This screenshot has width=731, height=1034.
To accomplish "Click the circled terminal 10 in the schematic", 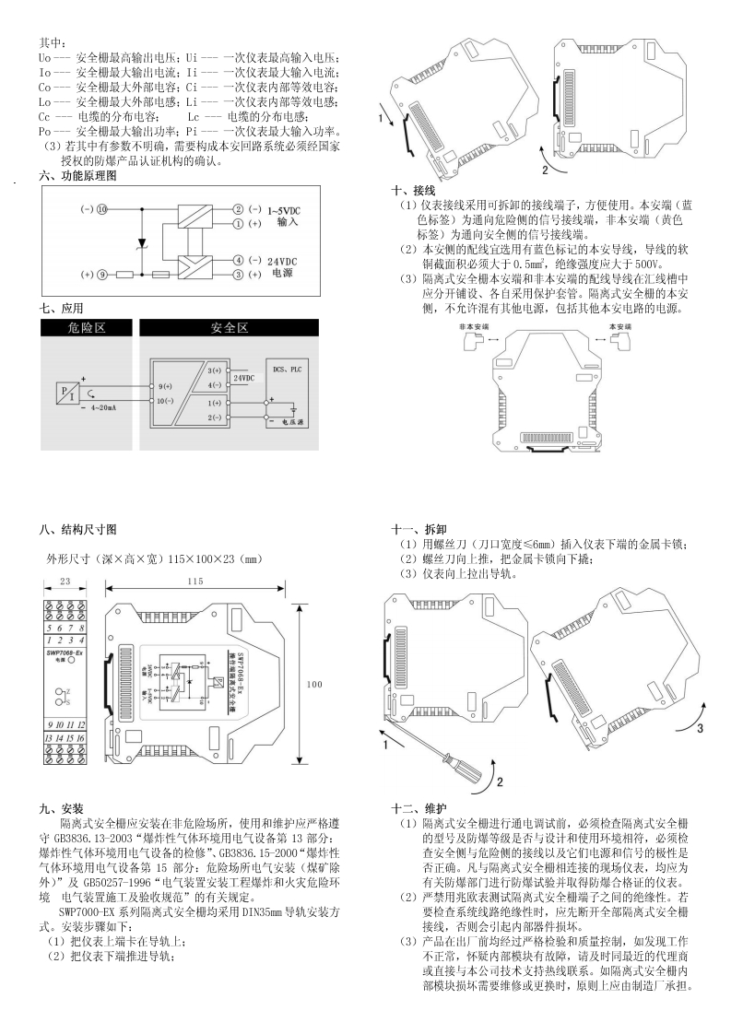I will (102, 209).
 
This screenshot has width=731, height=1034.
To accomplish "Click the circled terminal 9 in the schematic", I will (102, 275).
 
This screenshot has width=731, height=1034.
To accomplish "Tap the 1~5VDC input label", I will (283, 217).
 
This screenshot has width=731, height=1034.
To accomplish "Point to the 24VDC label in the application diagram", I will (244, 378).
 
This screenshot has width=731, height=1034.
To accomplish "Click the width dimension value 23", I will (65, 582).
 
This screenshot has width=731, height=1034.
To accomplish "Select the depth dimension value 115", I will (195, 582).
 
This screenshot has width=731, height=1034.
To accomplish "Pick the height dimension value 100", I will (315, 685).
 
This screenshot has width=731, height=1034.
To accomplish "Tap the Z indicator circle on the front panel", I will (59, 691).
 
